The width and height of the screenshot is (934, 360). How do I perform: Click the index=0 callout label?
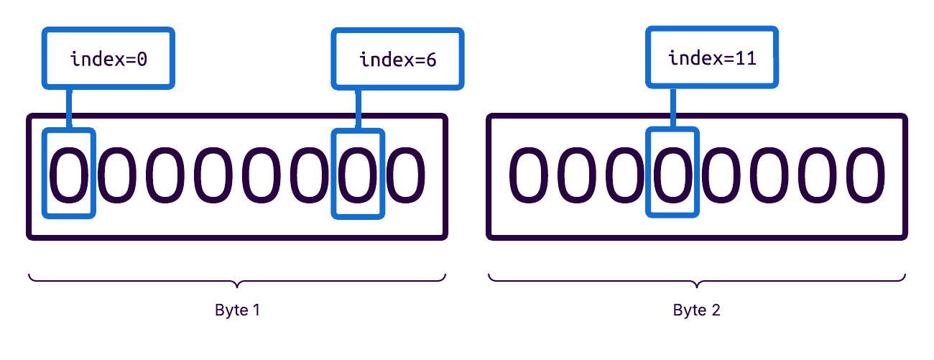[108, 58]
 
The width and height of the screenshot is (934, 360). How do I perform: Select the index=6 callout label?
[397, 59]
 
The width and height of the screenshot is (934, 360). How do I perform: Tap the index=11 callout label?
[712, 57]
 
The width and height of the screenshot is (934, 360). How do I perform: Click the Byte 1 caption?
[237, 310]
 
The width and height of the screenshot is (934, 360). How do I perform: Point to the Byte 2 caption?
[696, 310]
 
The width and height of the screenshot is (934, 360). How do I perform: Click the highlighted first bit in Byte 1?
[69, 173]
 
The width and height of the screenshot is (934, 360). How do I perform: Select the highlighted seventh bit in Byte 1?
[358, 173]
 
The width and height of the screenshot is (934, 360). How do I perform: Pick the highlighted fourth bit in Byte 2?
[672, 173]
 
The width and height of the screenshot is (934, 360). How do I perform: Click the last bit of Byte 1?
[406, 173]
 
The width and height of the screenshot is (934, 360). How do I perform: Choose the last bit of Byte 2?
[864, 173]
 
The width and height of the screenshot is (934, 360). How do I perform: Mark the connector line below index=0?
[70, 109]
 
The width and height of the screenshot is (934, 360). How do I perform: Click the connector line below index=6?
[358, 109]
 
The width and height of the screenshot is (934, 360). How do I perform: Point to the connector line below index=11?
[672, 108]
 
